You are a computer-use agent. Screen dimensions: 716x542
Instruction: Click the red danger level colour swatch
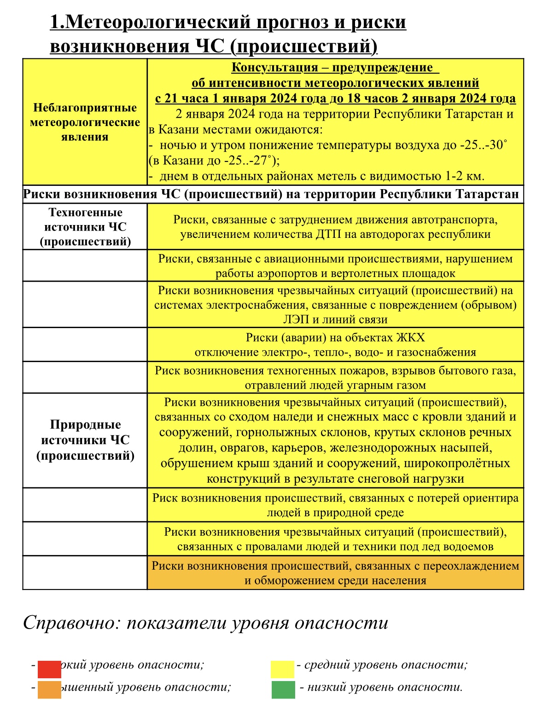pyautogui.click(x=49, y=669)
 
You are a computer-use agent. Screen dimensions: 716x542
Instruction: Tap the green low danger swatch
pyautogui.click(x=283, y=690)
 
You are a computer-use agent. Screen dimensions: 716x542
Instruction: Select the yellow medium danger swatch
pyautogui.click(x=282, y=669)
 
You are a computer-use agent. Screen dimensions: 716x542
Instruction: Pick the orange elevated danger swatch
pyautogui.click(x=49, y=690)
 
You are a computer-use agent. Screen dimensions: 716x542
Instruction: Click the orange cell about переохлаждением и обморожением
pyautogui.click(x=335, y=573)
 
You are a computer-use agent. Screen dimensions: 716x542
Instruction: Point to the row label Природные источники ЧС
pyautogui.click(x=85, y=440)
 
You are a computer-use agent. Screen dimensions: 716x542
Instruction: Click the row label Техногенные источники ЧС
pyautogui.click(x=85, y=227)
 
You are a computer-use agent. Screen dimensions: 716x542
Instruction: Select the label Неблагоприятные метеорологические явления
pyautogui.click(x=85, y=122)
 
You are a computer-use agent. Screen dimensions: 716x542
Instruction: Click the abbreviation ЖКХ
pyautogui.click(x=410, y=338)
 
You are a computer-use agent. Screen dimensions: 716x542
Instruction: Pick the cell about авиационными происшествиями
pyautogui.click(x=335, y=266)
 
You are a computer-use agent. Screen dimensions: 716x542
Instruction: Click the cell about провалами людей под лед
pyautogui.click(x=335, y=539)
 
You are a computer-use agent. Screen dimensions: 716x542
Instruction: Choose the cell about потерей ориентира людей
pyautogui.click(x=335, y=505)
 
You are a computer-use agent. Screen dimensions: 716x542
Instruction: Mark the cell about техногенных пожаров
pyautogui.click(x=335, y=377)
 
